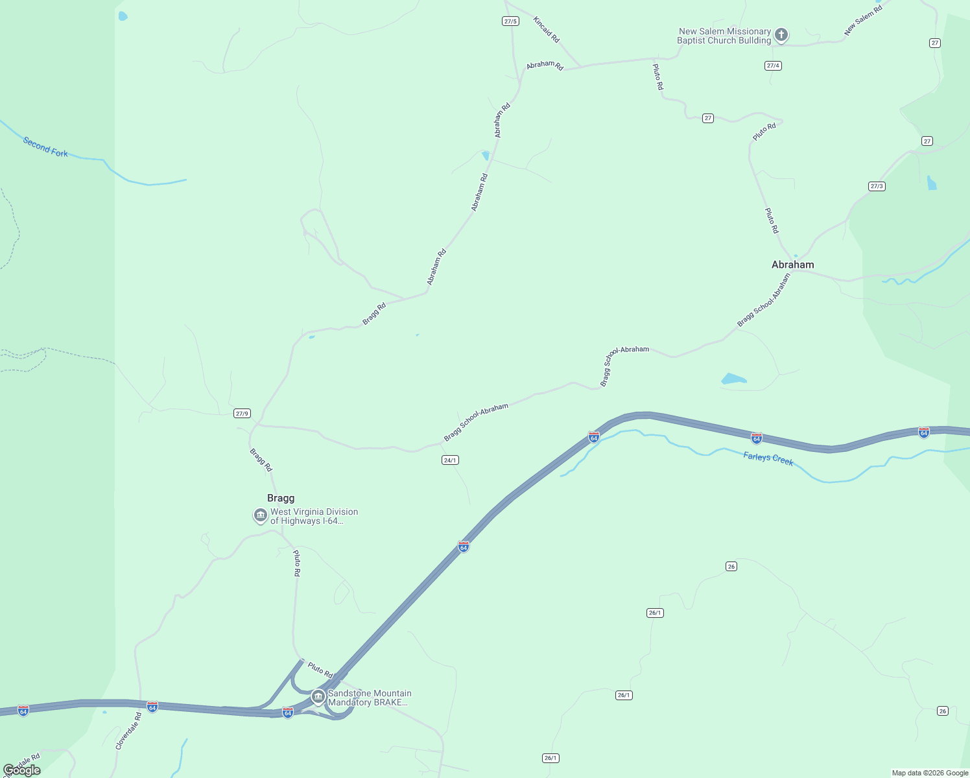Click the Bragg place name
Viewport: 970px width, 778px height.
point(281,498)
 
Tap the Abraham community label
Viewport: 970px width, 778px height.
point(792,265)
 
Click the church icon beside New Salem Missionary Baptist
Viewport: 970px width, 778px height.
point(781,35)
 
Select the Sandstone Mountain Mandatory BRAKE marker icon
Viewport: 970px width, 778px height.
point(318,697)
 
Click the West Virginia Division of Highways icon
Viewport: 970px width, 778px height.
point(261,515)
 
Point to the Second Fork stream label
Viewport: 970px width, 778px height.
point(45,147)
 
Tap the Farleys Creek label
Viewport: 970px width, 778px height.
point(768,459)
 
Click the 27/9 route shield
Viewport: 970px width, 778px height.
point(242,414)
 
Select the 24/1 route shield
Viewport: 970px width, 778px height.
point(450,460)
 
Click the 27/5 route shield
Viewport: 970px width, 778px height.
point(510,21)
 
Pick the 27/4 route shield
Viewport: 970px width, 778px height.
point(773,65)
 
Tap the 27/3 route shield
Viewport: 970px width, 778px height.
point(877,186)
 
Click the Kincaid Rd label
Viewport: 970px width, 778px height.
point(546,30)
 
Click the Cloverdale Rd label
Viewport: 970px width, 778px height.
point(128,731)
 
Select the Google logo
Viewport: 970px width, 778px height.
point(22,770)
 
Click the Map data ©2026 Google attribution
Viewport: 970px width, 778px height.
point(930,773)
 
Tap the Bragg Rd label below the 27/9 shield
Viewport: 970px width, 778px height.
point(261,460)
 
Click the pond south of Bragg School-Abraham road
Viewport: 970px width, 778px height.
point(733,379)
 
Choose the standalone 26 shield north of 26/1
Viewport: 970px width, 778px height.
point(731,567)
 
